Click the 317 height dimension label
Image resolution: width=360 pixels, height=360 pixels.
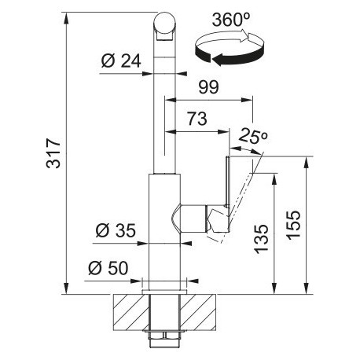(53, 153)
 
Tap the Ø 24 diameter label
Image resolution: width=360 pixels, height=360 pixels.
(121, 61)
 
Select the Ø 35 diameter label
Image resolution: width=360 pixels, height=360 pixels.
(116, 231)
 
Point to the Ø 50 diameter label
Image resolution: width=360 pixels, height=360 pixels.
(108, 268)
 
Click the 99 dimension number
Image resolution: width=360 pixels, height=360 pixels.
(208, 87)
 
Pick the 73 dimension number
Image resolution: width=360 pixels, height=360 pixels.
(197, 119)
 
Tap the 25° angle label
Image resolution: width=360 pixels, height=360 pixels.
(253, 136)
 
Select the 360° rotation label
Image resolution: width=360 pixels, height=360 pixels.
(231, 20)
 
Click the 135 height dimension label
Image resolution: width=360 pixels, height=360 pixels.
(262, 239)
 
